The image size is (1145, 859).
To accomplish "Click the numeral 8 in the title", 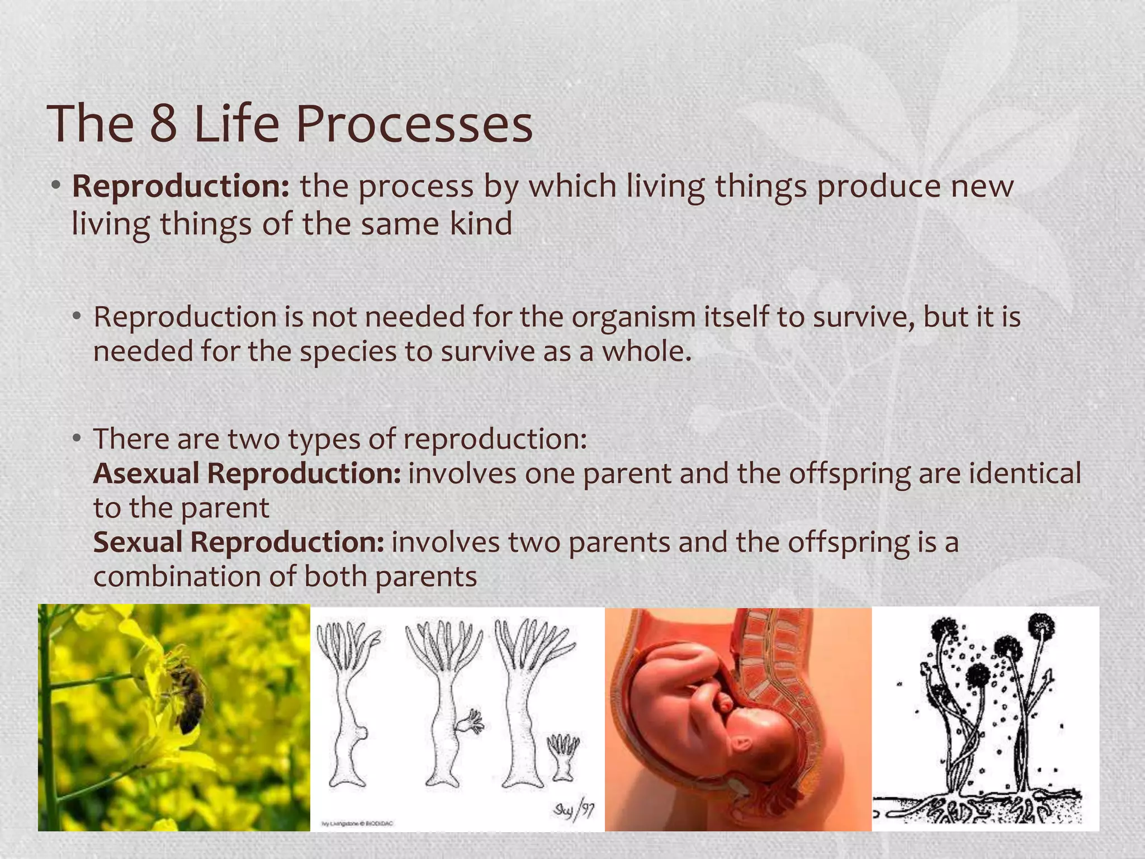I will click(163, 124).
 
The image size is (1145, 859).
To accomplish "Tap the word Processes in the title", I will click(414, 124).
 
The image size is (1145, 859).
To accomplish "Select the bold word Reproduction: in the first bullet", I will click(181, 186).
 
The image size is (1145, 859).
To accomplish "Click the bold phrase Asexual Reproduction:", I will click(247, 474).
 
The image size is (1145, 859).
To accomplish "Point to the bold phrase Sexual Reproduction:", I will click(238, 542).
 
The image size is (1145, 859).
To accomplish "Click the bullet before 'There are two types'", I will click(77, 438).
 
